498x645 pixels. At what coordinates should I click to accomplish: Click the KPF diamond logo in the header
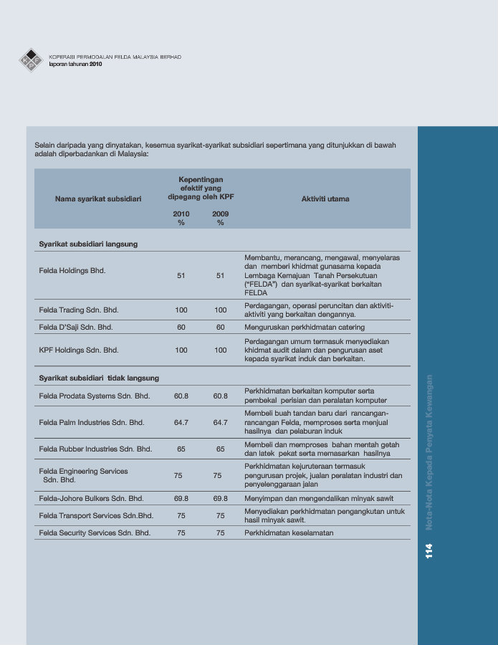click(x=31, y=60)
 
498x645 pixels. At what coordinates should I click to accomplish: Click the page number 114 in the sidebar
click(x=429, y=550)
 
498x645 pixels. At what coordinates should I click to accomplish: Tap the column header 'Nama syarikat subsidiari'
click(x=98, y=199)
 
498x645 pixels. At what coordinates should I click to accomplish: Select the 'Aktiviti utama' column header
click(x=325, y=199)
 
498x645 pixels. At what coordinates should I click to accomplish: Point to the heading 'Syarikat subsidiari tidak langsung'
click(x=99, y=378)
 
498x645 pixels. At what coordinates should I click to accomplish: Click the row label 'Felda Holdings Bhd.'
click(x=72, y=271)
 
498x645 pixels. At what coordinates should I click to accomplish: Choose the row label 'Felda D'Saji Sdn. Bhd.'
click(x=76, y=327)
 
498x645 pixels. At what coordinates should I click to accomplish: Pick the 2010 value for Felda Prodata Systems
click(x=181, y=396)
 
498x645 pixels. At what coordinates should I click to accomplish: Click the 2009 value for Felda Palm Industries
click(x=220, y=423)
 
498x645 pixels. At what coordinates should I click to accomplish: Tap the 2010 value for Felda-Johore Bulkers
click(x=181, y=498)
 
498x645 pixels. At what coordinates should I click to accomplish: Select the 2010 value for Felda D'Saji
click(x=181, y=327)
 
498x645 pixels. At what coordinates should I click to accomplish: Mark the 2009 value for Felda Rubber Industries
click(x=220, y=449)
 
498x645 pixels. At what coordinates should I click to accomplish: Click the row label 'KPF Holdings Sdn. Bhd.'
click(x=79, y=350)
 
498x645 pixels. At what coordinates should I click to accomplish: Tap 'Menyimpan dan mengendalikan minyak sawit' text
click(x=318, y=498)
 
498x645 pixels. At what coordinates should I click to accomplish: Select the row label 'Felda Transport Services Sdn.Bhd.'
click(x=96, y=515)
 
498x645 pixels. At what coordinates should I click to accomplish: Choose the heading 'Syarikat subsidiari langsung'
click(x=88, y=244)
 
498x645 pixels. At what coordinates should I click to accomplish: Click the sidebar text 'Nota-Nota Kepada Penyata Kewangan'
click(x=430, y=451)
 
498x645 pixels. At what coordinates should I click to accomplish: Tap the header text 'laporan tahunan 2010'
click(x=76, y=64)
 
